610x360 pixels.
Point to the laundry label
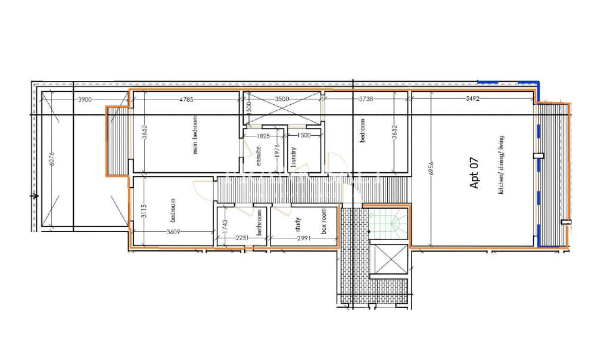pyautogui.click(x=294, y=156)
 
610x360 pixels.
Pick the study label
pyautogui.click(x=298, y=224)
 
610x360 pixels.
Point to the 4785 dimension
pyautogui.click(x=185, y=100)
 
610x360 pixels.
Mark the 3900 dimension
pyautogui.click(x=85, y=100)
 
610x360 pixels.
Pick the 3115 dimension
pyautogui.click(x=143, y=211)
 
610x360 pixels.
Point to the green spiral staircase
pyautogui.click(x=387, y=225)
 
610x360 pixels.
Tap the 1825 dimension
pyautogui.click(x=263, y=136)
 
